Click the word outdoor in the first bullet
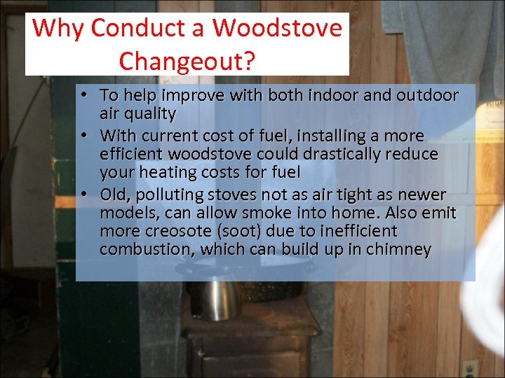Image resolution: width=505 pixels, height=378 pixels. click(x=426, y=94)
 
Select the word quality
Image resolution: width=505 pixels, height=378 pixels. click(x=148, y=113)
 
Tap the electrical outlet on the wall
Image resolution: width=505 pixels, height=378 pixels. click(x=469, y=368)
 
